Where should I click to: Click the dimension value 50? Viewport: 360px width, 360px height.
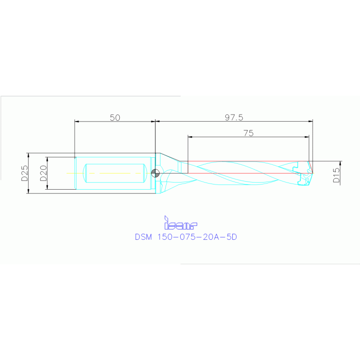pos(115,117)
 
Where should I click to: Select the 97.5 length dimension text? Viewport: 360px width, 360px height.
pos(234,117)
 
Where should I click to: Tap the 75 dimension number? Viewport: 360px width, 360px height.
pos(249,133)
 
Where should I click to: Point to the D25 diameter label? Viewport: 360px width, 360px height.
pos(24,173)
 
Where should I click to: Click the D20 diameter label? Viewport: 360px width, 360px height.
pos(43,173)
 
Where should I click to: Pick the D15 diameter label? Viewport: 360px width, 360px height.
pos(336,173)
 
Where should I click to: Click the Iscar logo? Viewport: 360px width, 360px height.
pos(180,223)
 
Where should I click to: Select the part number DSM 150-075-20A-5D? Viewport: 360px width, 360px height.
pos(186,237)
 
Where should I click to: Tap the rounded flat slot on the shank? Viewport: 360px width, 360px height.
pos(115,173)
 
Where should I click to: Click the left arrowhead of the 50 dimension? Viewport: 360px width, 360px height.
pos(77,122)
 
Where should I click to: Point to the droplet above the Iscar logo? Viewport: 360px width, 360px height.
pos(166,218)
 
